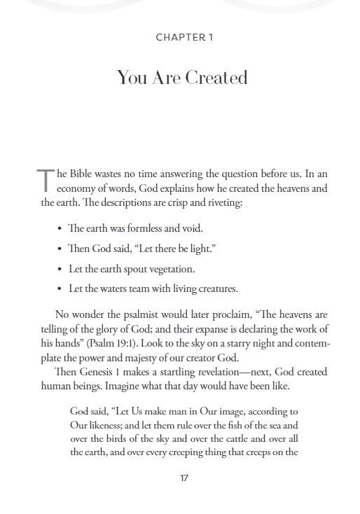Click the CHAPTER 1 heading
pyautogui.click(x=184, y=37)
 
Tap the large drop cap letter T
pyautogui.click(x=46, y=181)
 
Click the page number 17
pyautogui.click(x=184, y=478)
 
